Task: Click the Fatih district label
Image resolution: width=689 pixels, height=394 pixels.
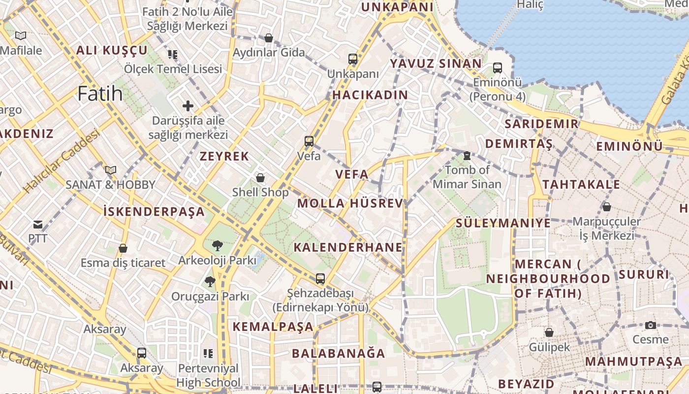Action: [100, 93]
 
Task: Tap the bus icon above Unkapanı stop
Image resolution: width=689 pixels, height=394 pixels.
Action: [353, 59]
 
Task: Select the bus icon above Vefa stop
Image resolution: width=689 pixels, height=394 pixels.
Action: [309, 141]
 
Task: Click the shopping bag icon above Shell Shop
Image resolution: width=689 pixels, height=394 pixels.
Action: [260, 177]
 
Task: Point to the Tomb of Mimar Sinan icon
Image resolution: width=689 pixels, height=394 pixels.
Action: [467, 156]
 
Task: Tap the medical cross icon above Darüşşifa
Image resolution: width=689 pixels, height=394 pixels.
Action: [188, 105]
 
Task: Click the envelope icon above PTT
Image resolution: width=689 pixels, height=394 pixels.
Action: [38, 225]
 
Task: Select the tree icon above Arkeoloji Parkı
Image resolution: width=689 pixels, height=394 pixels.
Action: [217, 245]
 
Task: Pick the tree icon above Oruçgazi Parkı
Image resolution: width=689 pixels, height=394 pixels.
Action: [210, 282]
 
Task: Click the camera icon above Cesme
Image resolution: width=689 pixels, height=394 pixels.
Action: [651, 325]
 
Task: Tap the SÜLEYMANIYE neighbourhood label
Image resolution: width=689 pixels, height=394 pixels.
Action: [503, 223]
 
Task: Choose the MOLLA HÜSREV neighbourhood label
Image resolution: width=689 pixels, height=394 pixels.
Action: [350, 203]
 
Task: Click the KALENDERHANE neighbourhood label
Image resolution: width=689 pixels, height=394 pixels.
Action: [348, 247]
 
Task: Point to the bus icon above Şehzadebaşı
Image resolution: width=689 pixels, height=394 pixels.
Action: [320, 279]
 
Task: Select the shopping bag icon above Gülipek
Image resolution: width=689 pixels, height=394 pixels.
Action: [549, 333]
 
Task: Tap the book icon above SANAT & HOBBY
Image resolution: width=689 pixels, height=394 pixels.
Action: [111, 170]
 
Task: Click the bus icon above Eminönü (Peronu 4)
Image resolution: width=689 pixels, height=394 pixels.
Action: [498, 68]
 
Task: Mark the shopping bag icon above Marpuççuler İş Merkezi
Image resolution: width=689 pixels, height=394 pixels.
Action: [607, 207]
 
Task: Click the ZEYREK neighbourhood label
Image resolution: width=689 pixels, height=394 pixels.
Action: [224, 157]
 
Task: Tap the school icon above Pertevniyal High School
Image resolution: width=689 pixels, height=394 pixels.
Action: [208, 353]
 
